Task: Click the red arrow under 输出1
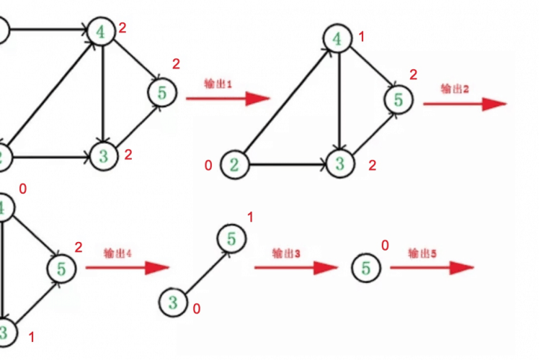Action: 228,99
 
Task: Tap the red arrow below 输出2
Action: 465,104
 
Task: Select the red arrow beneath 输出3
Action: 295,268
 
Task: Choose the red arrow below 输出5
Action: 432,268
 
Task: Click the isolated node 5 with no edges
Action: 366,269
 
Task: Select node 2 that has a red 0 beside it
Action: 233,165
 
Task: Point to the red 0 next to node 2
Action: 208,166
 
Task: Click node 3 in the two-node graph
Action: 173,302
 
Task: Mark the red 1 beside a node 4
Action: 362,36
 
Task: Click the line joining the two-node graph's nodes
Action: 202,271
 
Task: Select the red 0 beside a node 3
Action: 195,309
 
